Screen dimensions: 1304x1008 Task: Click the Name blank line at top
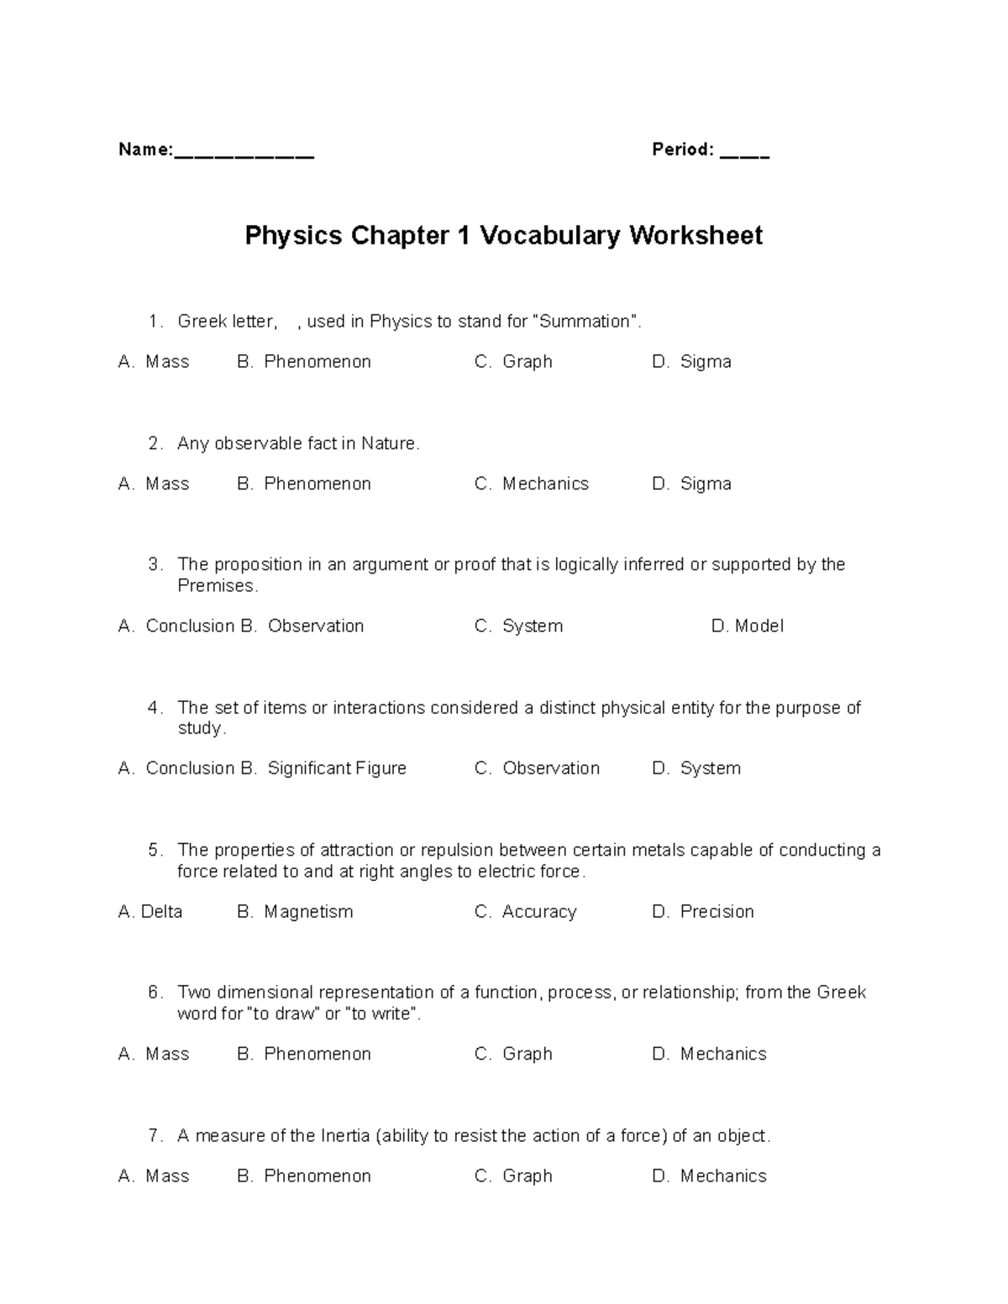click(x=244, y=155)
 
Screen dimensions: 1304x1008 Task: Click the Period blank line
click(x=744, y=155)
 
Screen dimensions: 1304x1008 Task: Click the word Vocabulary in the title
click(x=550, y=236)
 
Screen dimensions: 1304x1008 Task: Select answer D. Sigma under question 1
click(x=691, y=362)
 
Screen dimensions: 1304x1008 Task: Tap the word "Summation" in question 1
click(x=585, y=322)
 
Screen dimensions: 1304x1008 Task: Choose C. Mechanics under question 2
click(x=532, y=484)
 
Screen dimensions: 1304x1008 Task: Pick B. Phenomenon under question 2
click(x=304, y=484)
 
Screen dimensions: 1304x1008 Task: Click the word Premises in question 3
click(x=217, y=586)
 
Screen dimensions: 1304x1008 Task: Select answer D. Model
click(x=747, y=626)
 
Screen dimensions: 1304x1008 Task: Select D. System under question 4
click(x=696, y=768)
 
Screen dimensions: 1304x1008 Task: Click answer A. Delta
click(x=150, y=912)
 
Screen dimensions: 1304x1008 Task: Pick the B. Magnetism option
click(x=295, y=912)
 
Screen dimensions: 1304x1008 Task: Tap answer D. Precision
click(x=703, y=912)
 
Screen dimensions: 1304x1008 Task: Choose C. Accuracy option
click(x=526, y=912)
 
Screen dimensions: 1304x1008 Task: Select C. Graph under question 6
click(x=513, y=1054)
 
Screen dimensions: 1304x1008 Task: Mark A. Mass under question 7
click(x=154, y=1176)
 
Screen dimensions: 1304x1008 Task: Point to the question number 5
click(x=155, y=851)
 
